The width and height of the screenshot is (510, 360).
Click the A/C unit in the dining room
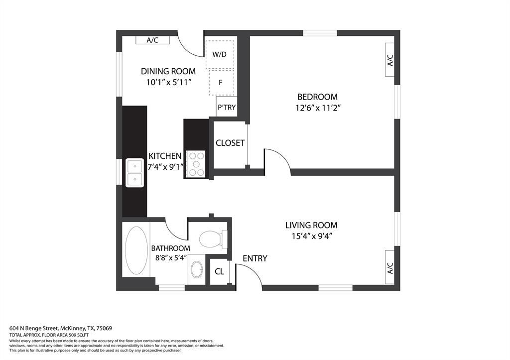152,40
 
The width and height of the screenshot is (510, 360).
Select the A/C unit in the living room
390,268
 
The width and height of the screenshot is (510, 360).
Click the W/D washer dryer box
220,54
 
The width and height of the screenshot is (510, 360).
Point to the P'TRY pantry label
227,107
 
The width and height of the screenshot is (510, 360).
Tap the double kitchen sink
134,173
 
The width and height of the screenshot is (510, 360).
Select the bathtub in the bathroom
136,249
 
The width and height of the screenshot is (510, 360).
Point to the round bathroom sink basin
197,270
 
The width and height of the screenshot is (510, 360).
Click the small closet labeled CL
219,272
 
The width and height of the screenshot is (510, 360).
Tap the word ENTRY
255,258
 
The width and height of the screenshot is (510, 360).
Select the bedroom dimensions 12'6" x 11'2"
317,107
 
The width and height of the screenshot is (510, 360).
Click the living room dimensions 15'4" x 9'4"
311,236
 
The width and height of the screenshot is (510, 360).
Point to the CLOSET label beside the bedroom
230,143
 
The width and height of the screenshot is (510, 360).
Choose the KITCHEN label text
165,156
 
